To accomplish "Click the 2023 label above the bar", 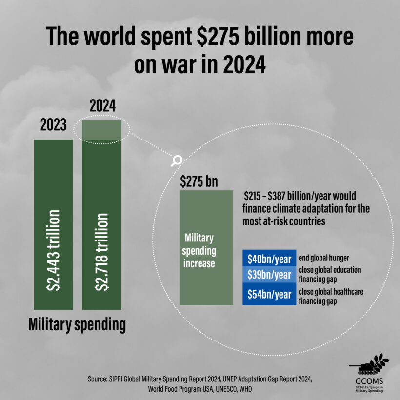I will (x=53, y=125).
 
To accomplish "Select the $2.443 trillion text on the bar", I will (x=54, y=250).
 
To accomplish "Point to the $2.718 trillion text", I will (x=102, y=250).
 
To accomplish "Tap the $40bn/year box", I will (x=269, y=259).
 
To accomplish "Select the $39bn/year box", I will (x=269, y=275).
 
